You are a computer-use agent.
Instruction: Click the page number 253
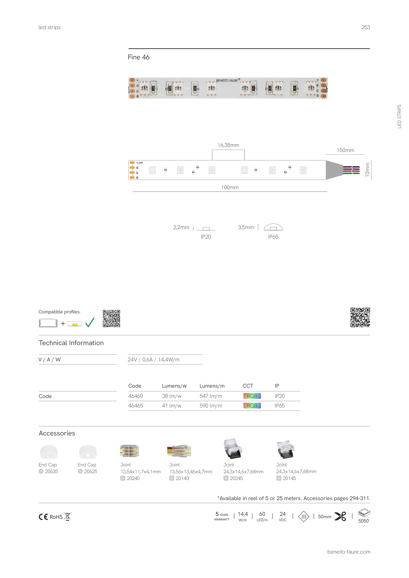(x=365, y=27)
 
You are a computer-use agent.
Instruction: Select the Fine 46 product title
(x=139, y=57)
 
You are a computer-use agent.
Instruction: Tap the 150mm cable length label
(x=345, y=150)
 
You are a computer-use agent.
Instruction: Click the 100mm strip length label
(x=230, y=187)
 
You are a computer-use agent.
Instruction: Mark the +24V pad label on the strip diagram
(x=140, y=163)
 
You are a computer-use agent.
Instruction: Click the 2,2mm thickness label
(x=181, y=227)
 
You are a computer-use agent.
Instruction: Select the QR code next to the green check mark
(x=111, y=318)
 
